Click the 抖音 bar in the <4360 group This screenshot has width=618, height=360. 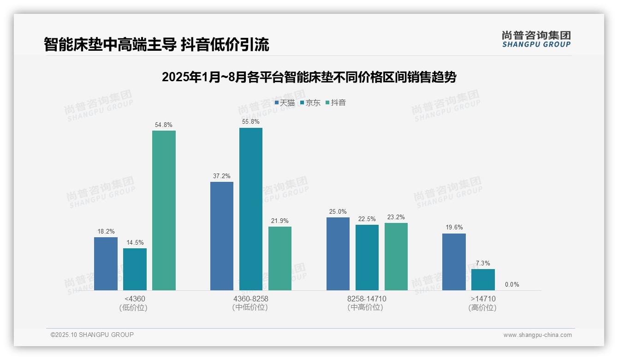[x=164, y=210]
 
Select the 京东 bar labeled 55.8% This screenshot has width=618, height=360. [x=251, y=209]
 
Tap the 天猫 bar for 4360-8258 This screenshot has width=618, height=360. [x=222, y=236]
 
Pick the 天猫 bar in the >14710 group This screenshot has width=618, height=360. [x=454, y=262]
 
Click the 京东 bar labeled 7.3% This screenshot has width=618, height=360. [x=483, y=280]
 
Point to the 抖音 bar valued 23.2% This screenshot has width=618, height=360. [x=396, y=257]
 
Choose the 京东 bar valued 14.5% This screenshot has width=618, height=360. [x=135, y=269]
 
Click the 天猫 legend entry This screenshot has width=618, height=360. [x=285, y=102]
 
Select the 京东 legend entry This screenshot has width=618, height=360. [x=310, y=102]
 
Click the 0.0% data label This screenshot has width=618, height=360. [x=512, y=284]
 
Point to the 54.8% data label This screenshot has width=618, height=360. [x=164, y=125]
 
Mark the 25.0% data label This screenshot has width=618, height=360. [x=338, y=211]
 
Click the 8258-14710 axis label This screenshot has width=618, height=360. [x=367, y=299]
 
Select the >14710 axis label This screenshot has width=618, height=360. [x=483, y=299]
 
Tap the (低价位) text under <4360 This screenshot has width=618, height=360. [x=133, y=307]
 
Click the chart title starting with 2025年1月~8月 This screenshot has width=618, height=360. [x=309, y=77]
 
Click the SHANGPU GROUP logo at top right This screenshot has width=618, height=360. [x=536, y=39]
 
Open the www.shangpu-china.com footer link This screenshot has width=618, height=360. [x=537, y=335]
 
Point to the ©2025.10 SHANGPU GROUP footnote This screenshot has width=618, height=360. [x=92, y=335]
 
